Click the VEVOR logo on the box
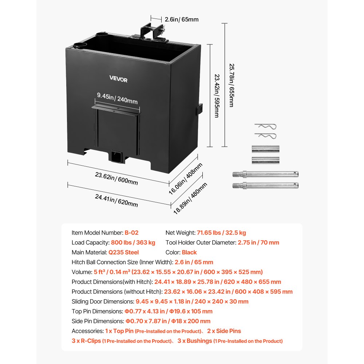[119, 79]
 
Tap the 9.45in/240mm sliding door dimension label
[117, 98]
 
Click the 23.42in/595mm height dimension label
[217, 96]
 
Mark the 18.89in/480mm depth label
[190, 198]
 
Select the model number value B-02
[131, 233]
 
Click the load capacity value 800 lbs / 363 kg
[132, 242]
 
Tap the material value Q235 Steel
[123, 252]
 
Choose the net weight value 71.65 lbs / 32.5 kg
[221, 233]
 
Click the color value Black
[189, 252]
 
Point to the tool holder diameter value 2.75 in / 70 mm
[258, 242]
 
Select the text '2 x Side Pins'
[224, 331]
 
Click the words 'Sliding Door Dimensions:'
[103, 301]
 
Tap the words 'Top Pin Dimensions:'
[97, 311]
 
